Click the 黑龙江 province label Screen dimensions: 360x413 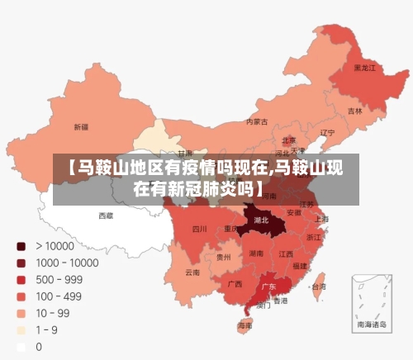364,68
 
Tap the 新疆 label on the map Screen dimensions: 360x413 81,127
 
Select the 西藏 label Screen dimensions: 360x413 106,216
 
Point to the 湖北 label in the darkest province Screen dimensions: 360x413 262,220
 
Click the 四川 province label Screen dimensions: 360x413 199,229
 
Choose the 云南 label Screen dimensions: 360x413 192,272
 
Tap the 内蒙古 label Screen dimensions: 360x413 257,121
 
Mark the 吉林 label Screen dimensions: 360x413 354,111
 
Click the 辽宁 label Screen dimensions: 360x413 327,132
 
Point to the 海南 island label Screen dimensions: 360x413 244,326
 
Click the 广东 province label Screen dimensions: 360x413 268,287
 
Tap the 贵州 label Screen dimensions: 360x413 224,257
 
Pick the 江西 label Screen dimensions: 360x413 286,253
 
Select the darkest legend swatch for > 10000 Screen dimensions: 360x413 21,246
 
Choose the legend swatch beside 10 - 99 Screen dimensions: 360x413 21,314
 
